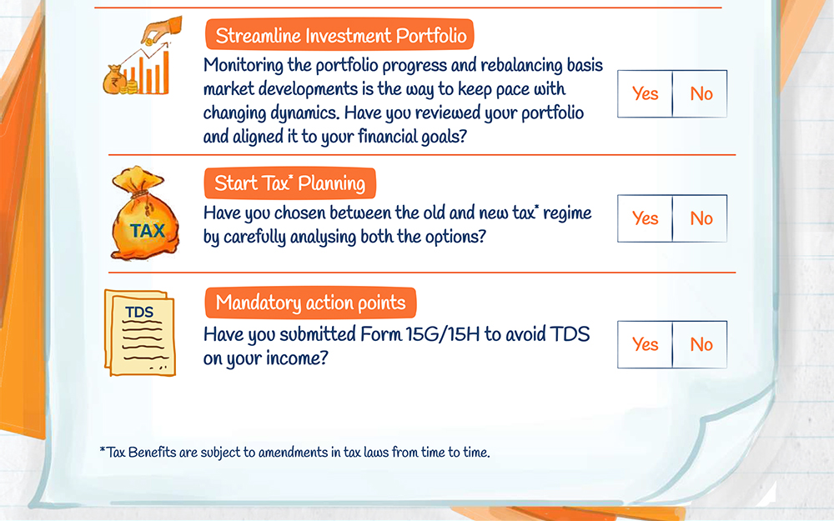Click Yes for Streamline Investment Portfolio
click(x=645, y=93)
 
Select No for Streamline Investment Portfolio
click(x=701, y=93)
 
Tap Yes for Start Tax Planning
click(x=645, y=218)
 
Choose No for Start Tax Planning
click(x=701, y=218)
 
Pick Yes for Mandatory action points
click(x=645, y=344)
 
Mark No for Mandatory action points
click(x=701, y=344)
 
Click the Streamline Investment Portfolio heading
click(x=340, y=35)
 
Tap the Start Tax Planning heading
click(x=290, y=183)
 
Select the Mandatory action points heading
click(x=310, y=303)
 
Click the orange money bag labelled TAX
click(x=145, y=214)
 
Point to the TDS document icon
click(x=140, y=333)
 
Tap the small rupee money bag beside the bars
click(x=114, y=80)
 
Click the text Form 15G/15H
click(x=420, y=334)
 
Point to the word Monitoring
click(x=244, y=66)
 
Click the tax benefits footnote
click(x=294, y=453)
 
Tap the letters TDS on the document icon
click(x=139, y=312)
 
